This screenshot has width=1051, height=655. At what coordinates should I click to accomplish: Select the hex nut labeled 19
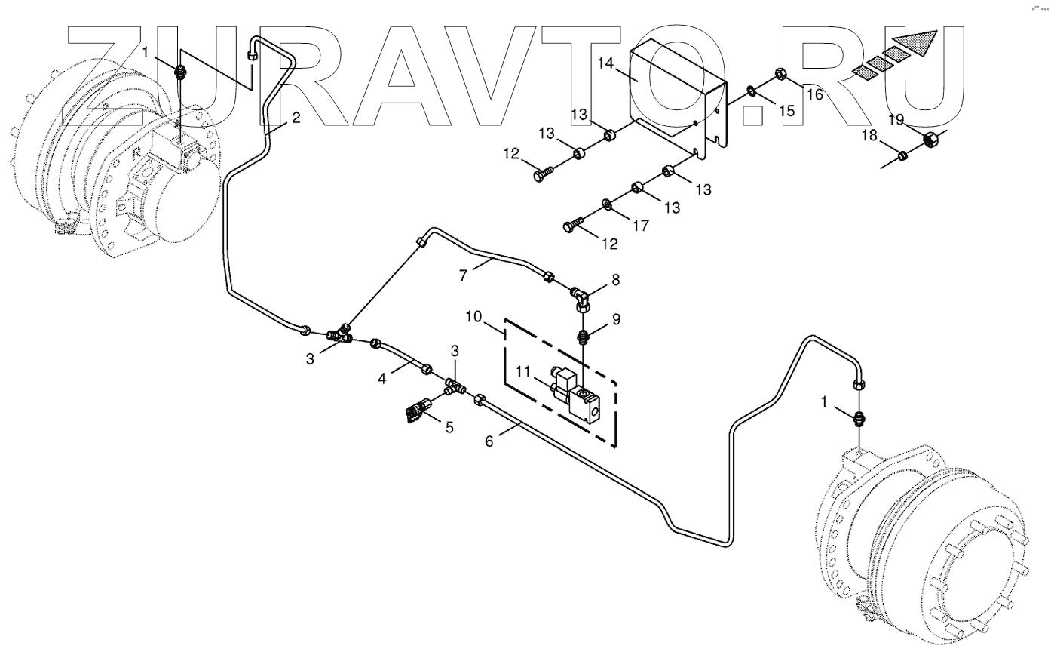tap(931, 140)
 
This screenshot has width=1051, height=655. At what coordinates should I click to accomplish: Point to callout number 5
tap(449, 427)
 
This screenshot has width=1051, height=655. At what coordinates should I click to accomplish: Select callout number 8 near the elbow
tap(615, 279)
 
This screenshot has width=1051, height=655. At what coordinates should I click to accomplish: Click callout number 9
tap(616, 319)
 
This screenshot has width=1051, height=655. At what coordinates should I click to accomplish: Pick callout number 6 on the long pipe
tap(489, 441)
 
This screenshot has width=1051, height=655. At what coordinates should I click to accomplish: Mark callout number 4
tap(382, 379)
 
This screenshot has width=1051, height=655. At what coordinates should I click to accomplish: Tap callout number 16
tap(814, 94)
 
